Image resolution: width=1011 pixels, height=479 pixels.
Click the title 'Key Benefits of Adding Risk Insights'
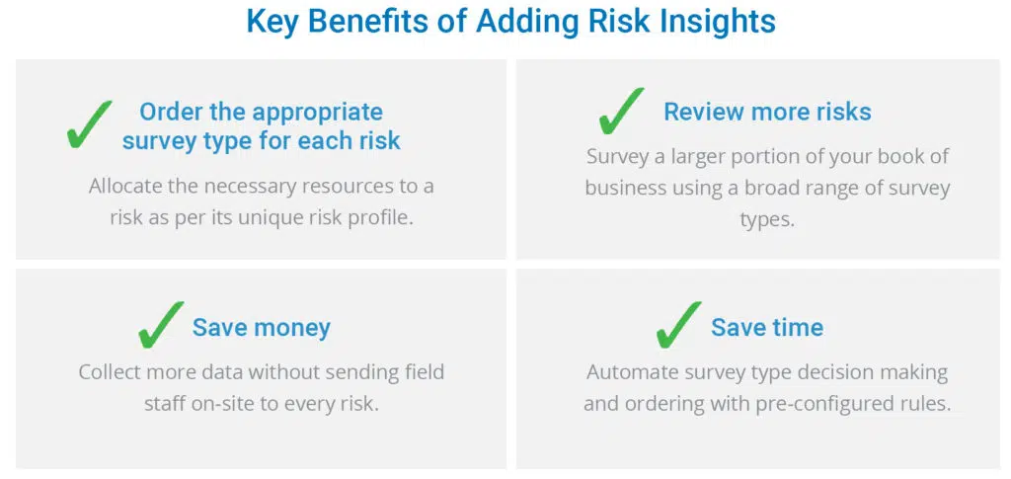point(510,22)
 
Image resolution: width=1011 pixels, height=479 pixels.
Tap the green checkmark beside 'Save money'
point(160,326)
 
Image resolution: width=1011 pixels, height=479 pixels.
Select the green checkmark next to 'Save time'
point(678,326)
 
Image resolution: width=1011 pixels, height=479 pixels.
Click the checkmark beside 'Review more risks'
point(621,111)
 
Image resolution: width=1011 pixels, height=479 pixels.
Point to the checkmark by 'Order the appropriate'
point(89,125)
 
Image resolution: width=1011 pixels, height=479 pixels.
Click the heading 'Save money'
point(261,328)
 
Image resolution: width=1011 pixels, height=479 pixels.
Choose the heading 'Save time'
point(767,328)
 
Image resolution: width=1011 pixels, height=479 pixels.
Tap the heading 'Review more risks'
point(768,112)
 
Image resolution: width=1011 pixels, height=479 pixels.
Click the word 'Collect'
point(111,372)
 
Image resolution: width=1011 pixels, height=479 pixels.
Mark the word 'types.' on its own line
point(767,220)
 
